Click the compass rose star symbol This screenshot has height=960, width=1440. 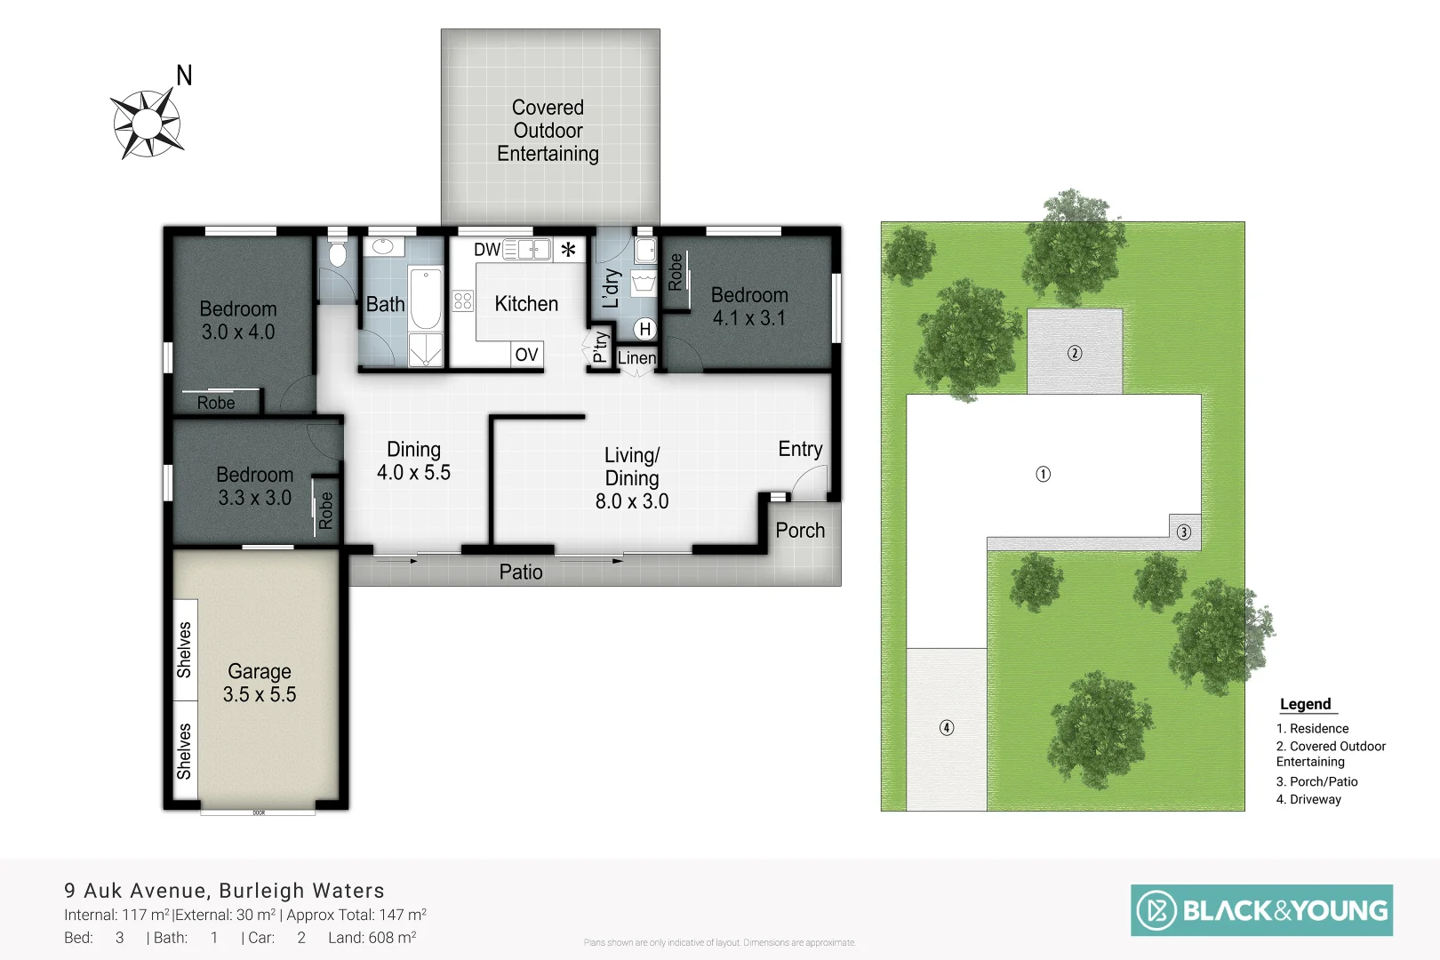pos(148,124)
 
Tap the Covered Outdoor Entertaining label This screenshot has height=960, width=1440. pos(548,131)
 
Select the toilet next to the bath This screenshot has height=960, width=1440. pos(337,255)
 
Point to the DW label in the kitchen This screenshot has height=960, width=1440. pos(486,250)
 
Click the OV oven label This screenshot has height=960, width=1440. pos(526,355)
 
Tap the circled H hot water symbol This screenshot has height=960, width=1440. pos(645,329)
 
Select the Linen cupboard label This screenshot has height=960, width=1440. pos(636,358)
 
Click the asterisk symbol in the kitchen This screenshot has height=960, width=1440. pos(568,250)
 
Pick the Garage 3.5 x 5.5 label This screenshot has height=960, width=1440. pos(259,683)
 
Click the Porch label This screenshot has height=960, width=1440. pos(800,531)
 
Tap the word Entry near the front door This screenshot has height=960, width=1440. pos(800,449)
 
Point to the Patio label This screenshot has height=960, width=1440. pos(521,572)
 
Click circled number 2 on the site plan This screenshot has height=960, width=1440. pos(1075,353)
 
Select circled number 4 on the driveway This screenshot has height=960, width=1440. pos(947,728)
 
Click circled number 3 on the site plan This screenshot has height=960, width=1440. pos(1184,532)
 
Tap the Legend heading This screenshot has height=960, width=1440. pos(1305,704)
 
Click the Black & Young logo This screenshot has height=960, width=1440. pos(1261,910)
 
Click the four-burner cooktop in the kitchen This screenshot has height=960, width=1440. pos(462,300)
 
